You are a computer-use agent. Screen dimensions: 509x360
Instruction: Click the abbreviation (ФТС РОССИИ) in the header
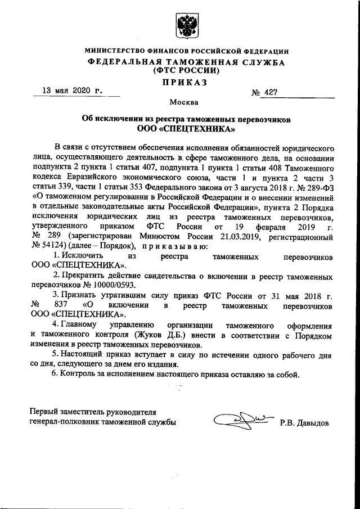click(x=184, y=71)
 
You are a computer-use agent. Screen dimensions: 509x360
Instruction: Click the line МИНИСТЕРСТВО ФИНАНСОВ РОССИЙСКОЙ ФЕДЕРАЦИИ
click(x=186, y=52)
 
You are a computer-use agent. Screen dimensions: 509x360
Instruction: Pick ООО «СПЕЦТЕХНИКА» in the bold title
click(x=186, y=129)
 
